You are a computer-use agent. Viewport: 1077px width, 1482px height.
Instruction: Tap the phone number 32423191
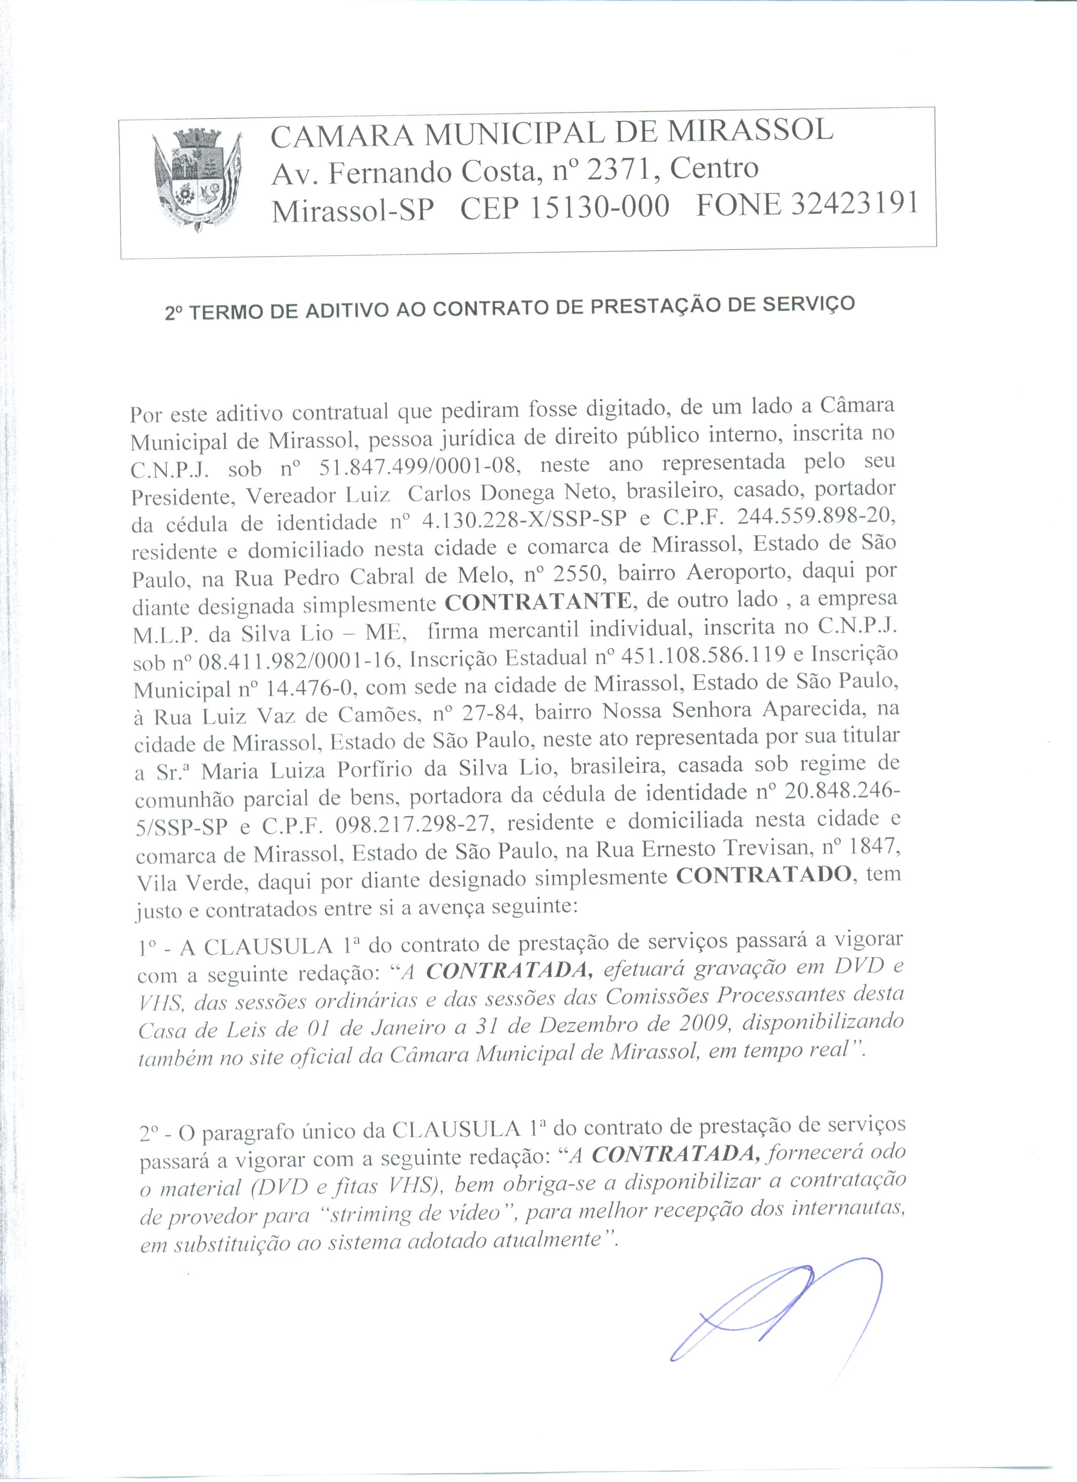(x=855, y=204)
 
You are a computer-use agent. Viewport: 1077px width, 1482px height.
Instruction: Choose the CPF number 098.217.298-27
(x=412, y=826)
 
